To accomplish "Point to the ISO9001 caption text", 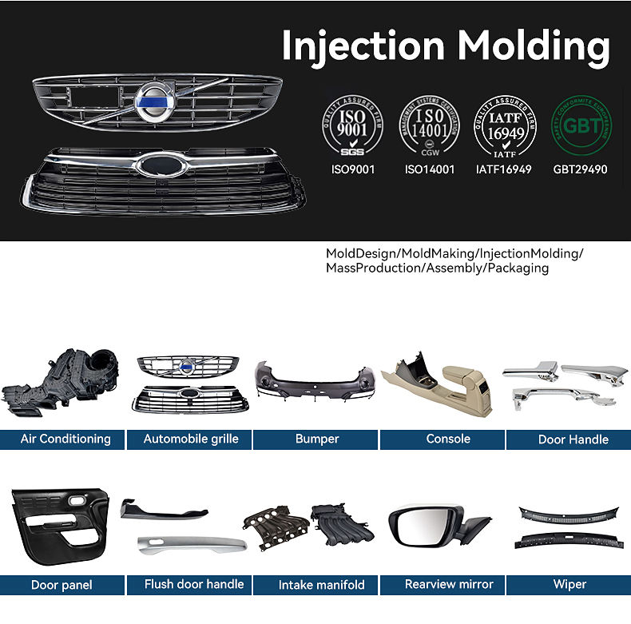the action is pyautogui.click(x=352, y=169).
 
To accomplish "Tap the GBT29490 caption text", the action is pyautogui.click(x=580, y=169).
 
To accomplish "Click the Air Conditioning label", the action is pyautogui.click(x=65, y=439).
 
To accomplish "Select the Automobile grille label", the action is pyautogui.click(x=191, y=439).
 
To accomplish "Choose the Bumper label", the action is pyautogui.click(x=317, y=439).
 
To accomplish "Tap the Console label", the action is pyautogui.click(x=448, y=439).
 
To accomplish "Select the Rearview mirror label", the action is pyautogui.click(x=449, y=585).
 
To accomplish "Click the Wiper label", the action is pyautogui.click(x=569, y=585).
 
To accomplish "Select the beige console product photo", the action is pyautogui.click(x=443, y=384).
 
